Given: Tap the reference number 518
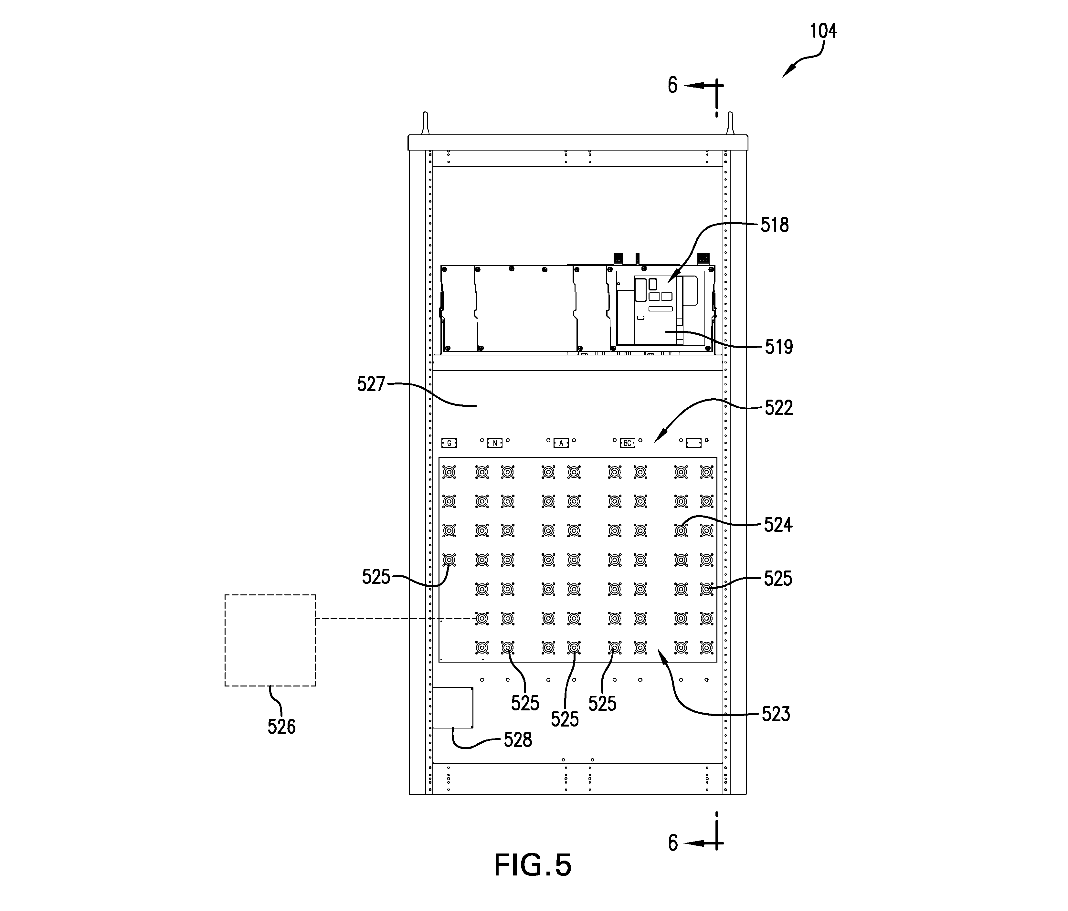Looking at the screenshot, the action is (x=775, y=225).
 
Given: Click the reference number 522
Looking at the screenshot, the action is (x=778, y=408).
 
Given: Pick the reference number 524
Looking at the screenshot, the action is (x=778, y=525).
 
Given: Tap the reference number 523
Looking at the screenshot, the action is (x=776, y=714).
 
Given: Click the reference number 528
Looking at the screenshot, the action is (x=517, y=740).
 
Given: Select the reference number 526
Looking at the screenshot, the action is (x=281, y=727).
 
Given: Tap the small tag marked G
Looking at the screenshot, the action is (x=449, y=443).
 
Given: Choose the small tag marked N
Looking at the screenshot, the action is (x=494, y=443).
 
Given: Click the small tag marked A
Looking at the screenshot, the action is (x=561, y=443).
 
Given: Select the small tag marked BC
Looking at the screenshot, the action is (x=627, y=443).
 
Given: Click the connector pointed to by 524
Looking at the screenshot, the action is (x=681, y=530).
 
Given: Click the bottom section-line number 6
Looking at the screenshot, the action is (x=673, y=843).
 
